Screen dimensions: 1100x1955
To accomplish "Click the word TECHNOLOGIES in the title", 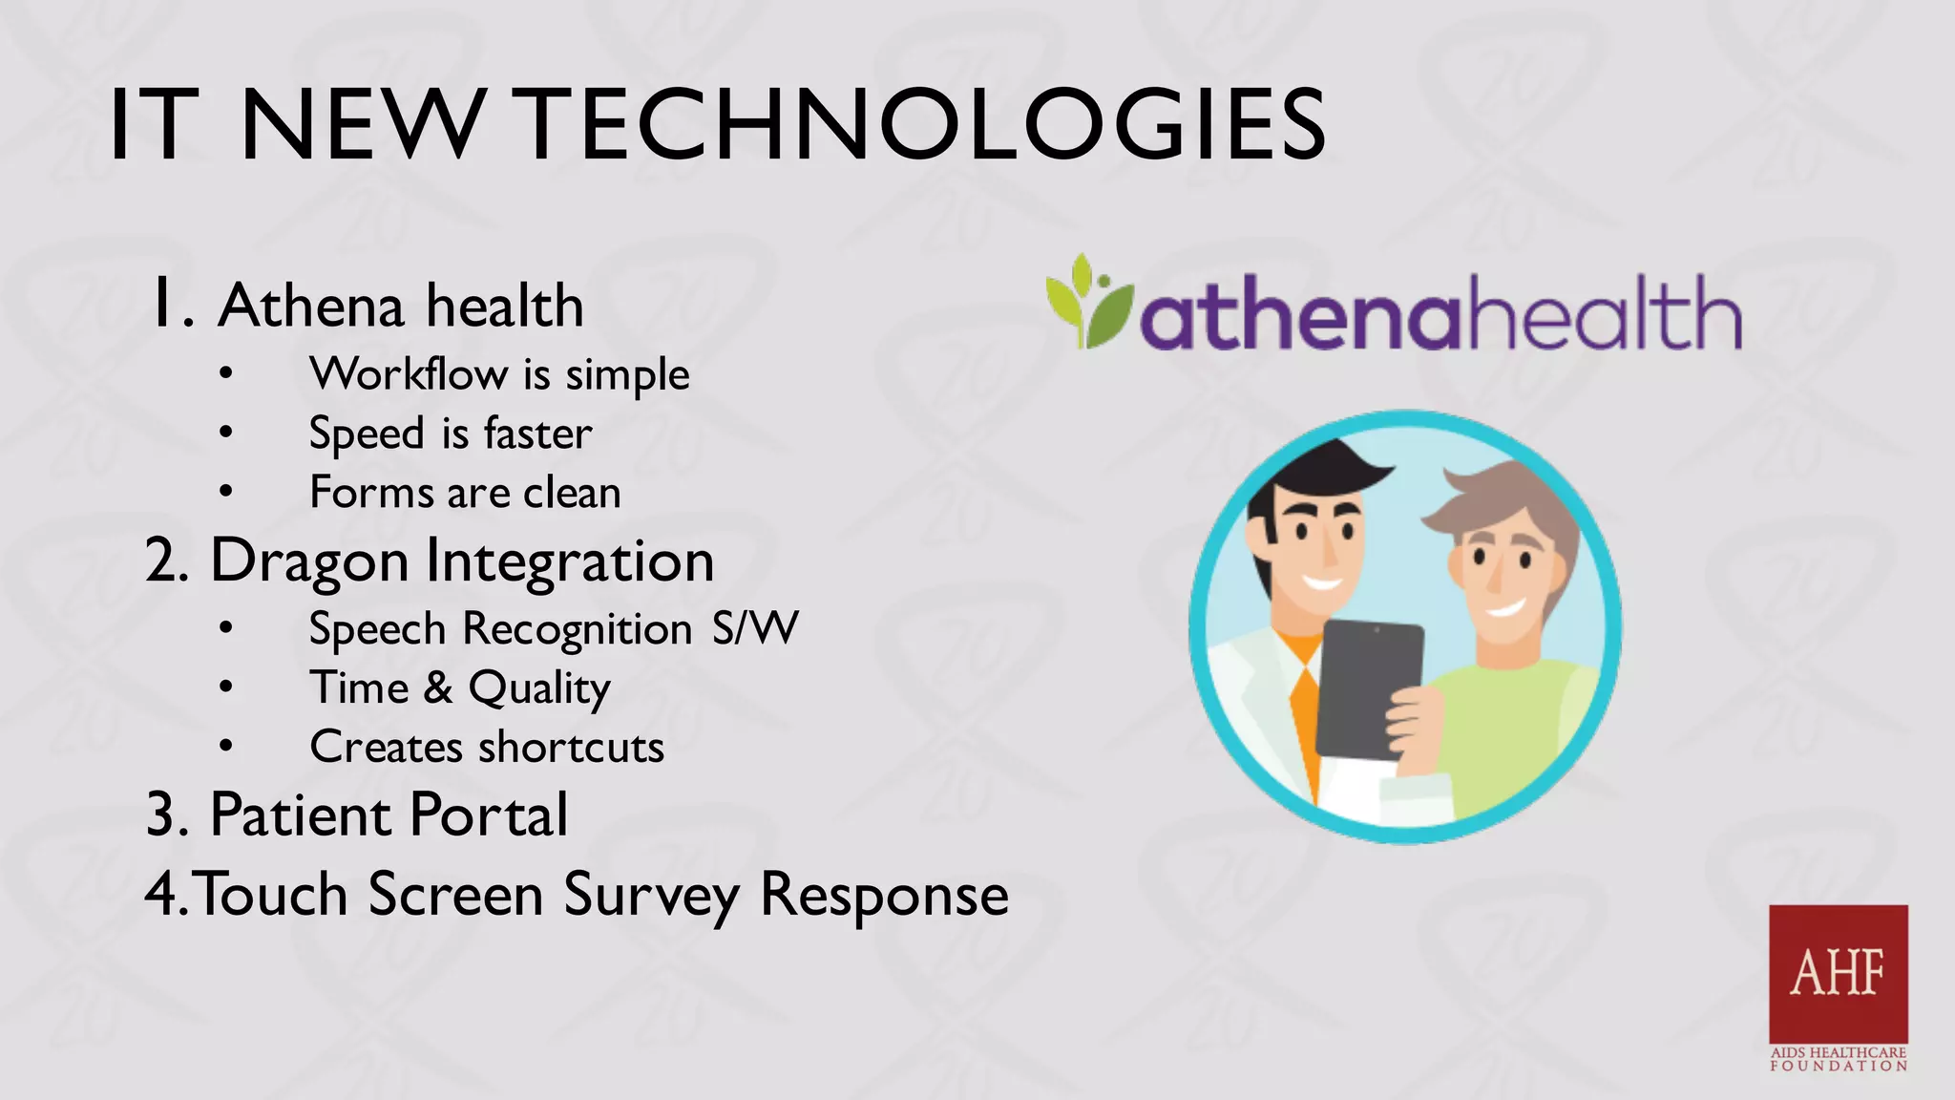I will coord(924,125).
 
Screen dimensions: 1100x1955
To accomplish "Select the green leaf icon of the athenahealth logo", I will coord(1086,304).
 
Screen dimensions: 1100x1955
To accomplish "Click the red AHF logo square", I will coord(1838,973).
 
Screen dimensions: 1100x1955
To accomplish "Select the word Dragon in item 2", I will coord(309,561).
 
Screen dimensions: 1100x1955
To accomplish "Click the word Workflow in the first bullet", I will coord(408,373).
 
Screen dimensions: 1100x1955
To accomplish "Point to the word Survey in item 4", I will coord(651,896).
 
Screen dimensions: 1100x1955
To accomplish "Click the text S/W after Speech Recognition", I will coord(754,629).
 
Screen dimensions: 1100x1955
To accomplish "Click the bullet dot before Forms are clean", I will coord(225,492).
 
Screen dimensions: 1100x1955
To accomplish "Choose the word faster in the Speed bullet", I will coord(537,434).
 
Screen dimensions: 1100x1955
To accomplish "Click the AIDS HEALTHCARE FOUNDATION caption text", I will coord(1838,1059).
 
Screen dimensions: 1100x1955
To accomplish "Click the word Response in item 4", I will coord(883,896).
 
